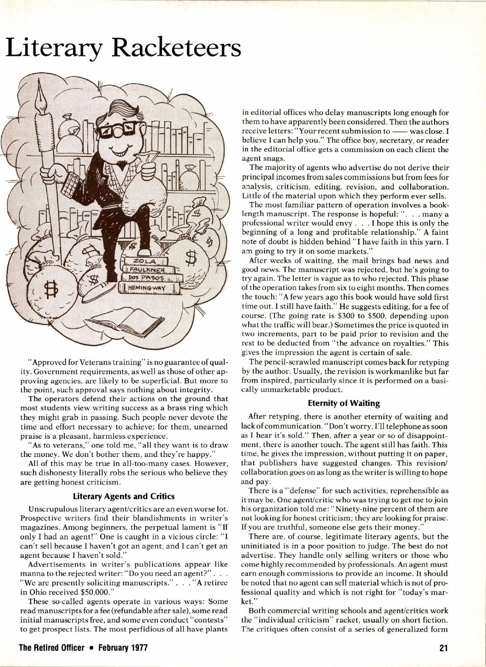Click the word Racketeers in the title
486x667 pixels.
[x=177, y=48]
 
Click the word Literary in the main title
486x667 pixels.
[x=54, y=49]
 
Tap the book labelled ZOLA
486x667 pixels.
[x=145, y=261]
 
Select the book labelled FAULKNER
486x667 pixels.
[x=148, y=270]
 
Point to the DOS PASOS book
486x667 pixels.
[x=148, y=278]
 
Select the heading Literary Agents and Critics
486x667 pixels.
[x=124, y=496]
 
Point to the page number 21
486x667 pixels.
[x=443, y=648]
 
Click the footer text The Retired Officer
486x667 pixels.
[x=51, y=648]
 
